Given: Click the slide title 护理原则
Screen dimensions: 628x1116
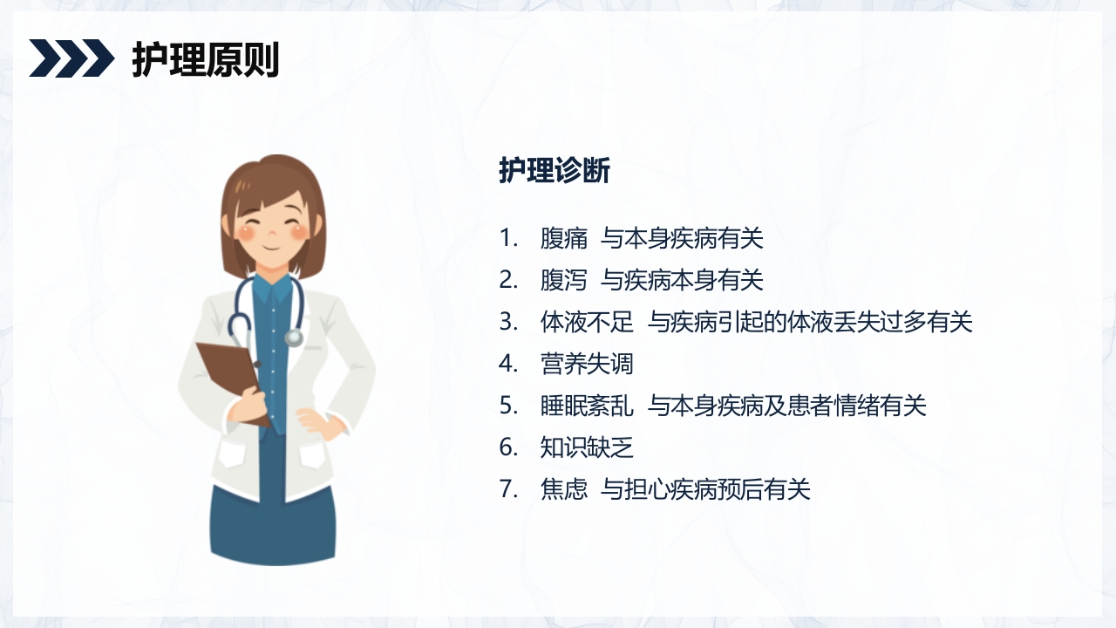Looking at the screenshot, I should pyautogui.click(x=205, y=60).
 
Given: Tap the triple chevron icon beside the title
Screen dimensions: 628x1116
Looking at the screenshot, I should pyautogui.click(x=71, y=58).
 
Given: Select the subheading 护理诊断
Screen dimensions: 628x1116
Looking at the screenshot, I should pyautogui.click(x=555, y=171).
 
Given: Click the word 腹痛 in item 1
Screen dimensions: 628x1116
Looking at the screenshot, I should pyautogui.click(x=564, y=238).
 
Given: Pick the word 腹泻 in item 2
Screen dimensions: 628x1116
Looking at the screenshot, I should pyautogui.click(x=564, y=280).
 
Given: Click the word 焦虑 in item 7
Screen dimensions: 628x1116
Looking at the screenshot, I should pyautogui.click(x=564, y=489).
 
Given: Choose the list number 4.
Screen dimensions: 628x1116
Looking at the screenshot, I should pyautogui.click(x=508, y=364).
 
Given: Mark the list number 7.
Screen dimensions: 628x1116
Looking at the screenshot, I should pyautogui.click(x=508, y=489).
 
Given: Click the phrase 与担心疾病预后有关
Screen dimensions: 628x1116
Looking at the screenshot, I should pyautogui.click(x=705, y=489).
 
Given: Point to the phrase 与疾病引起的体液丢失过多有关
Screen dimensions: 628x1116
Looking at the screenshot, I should pyautogui.click(x=810, y=322).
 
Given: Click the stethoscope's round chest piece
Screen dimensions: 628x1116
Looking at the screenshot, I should pyautogui.click(x=295, y=337).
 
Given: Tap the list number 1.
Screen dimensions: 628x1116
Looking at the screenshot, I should pyautogui.click(x=508, y=238).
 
